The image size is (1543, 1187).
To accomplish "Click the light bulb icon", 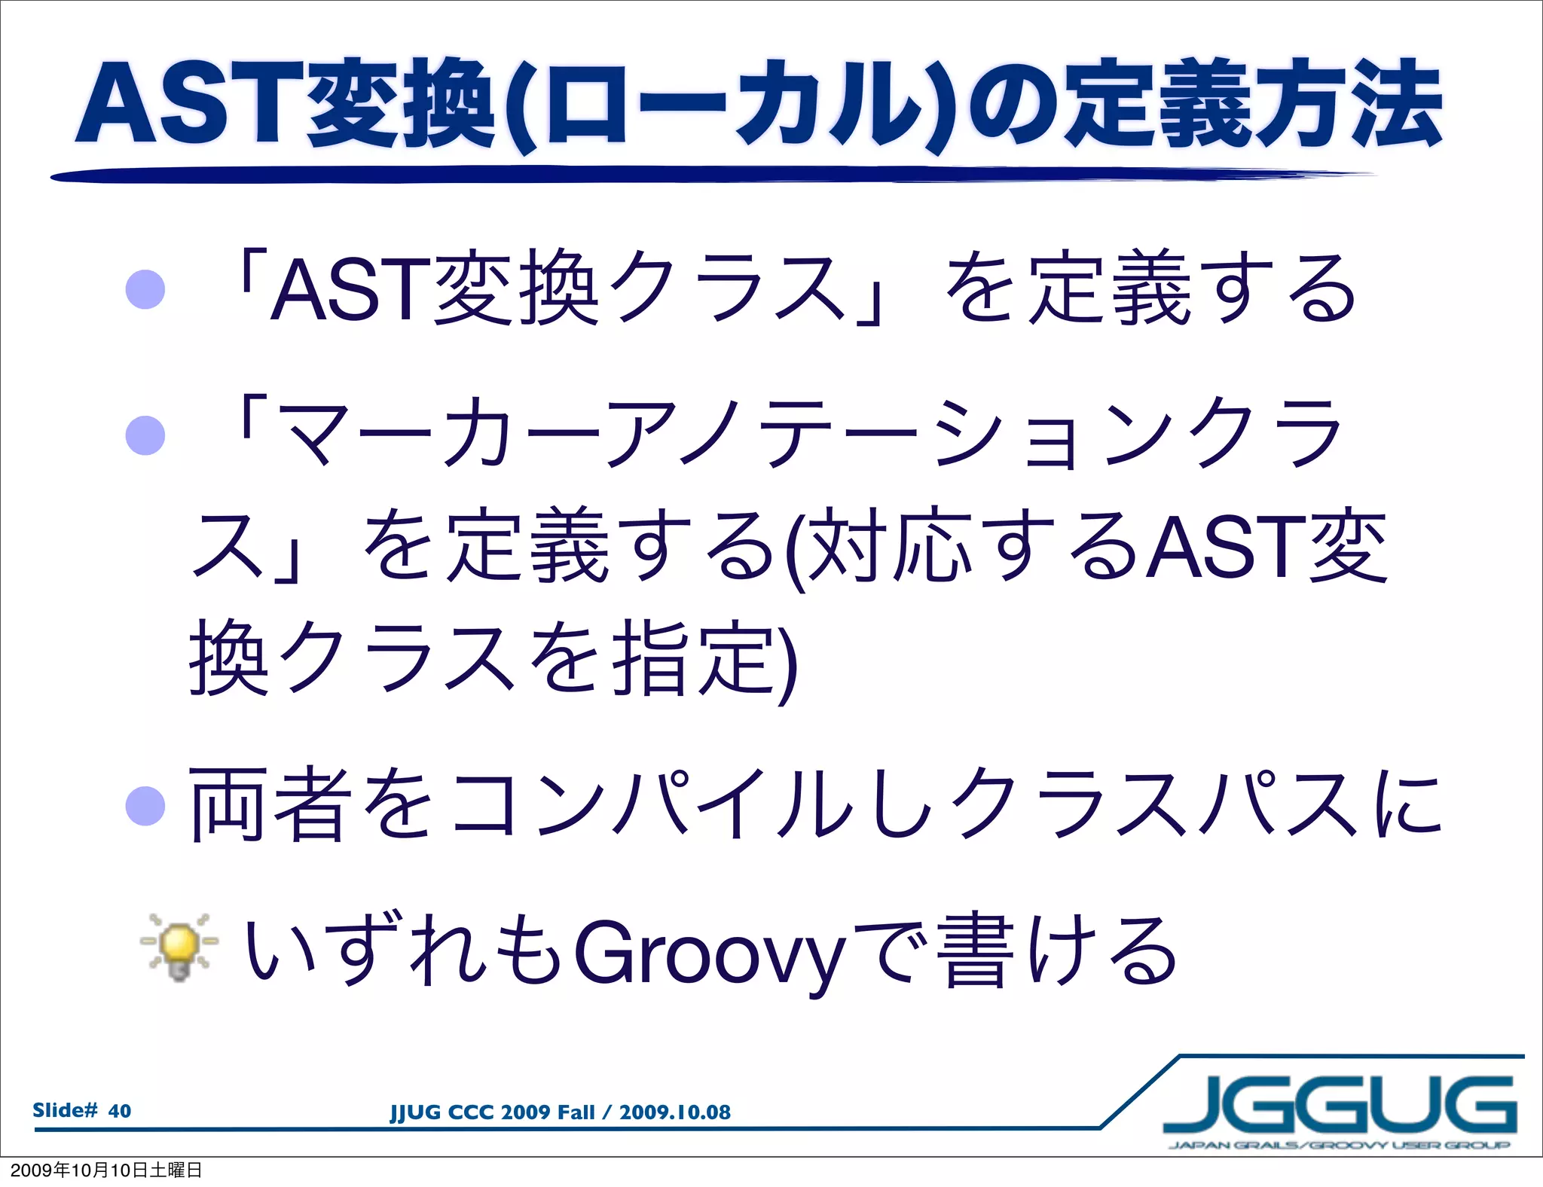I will (x=179, y=947).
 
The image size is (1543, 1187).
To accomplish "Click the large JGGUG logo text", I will (x=1339, y=1104).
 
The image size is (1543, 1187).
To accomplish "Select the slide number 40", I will (x=120, y=1111).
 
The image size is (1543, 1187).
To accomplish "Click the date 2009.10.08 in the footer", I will (x=674, y=1112).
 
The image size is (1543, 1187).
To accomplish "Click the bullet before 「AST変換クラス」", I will (x=145, y=290).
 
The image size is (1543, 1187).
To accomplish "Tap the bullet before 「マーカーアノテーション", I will (x=145, y=435).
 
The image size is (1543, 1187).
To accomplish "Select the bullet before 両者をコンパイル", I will (x=145, y=806).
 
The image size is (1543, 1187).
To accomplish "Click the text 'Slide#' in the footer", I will (x=65, y=1110).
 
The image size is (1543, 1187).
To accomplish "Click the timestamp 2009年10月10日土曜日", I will (x=106, y=1170).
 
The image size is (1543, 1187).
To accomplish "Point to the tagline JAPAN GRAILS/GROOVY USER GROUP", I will (x=1339, y=1145).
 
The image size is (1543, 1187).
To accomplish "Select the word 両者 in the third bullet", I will (x=271, y=804).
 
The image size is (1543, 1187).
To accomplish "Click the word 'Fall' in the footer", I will (x=575, y=1112).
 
